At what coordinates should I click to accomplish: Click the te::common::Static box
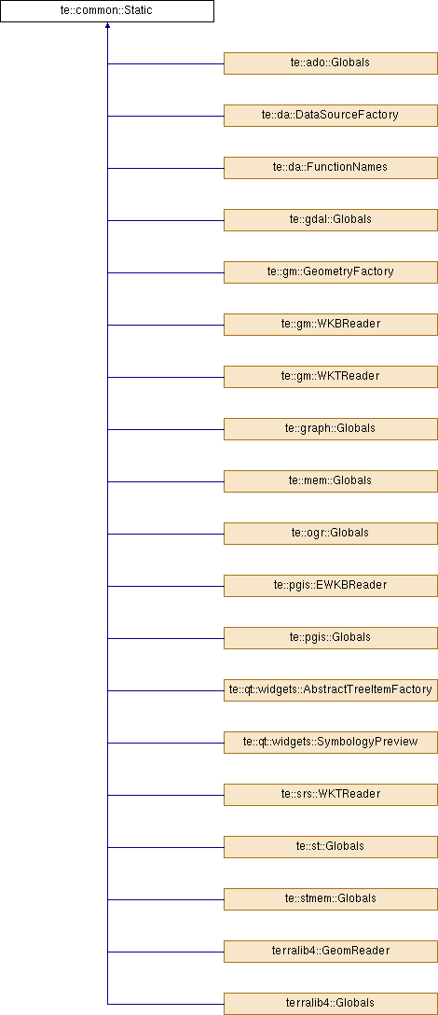coord(107,11)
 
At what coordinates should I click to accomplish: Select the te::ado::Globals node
coord(331,63)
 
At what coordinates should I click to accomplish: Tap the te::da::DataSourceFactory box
coord(331,116)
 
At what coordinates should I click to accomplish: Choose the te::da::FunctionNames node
coord(331,168)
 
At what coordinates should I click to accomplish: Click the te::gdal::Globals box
coord(331,220)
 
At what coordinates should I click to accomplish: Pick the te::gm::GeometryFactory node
coord(331,271)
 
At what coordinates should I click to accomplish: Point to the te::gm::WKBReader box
coord(331,325)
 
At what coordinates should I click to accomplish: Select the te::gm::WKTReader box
coord(331,377)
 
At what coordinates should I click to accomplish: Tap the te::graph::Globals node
coord(331,428)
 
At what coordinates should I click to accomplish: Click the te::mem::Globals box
coord(331,481)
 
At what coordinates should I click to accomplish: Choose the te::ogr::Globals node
coord(331,534)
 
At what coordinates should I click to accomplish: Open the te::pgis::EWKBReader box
coord(331,585)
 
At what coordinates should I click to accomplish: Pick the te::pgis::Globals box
coord(331,637)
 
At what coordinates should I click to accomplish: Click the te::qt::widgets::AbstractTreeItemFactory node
coord(331,690)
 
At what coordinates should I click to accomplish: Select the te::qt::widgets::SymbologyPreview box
coord(331,742)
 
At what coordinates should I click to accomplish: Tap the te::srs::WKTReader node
coord(331,794)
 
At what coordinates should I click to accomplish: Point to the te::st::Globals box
coord(331,847)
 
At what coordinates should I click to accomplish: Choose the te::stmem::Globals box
coord(331,898)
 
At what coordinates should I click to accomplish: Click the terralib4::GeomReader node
coord(331,951)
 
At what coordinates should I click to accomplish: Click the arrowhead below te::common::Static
coord(107,26)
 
